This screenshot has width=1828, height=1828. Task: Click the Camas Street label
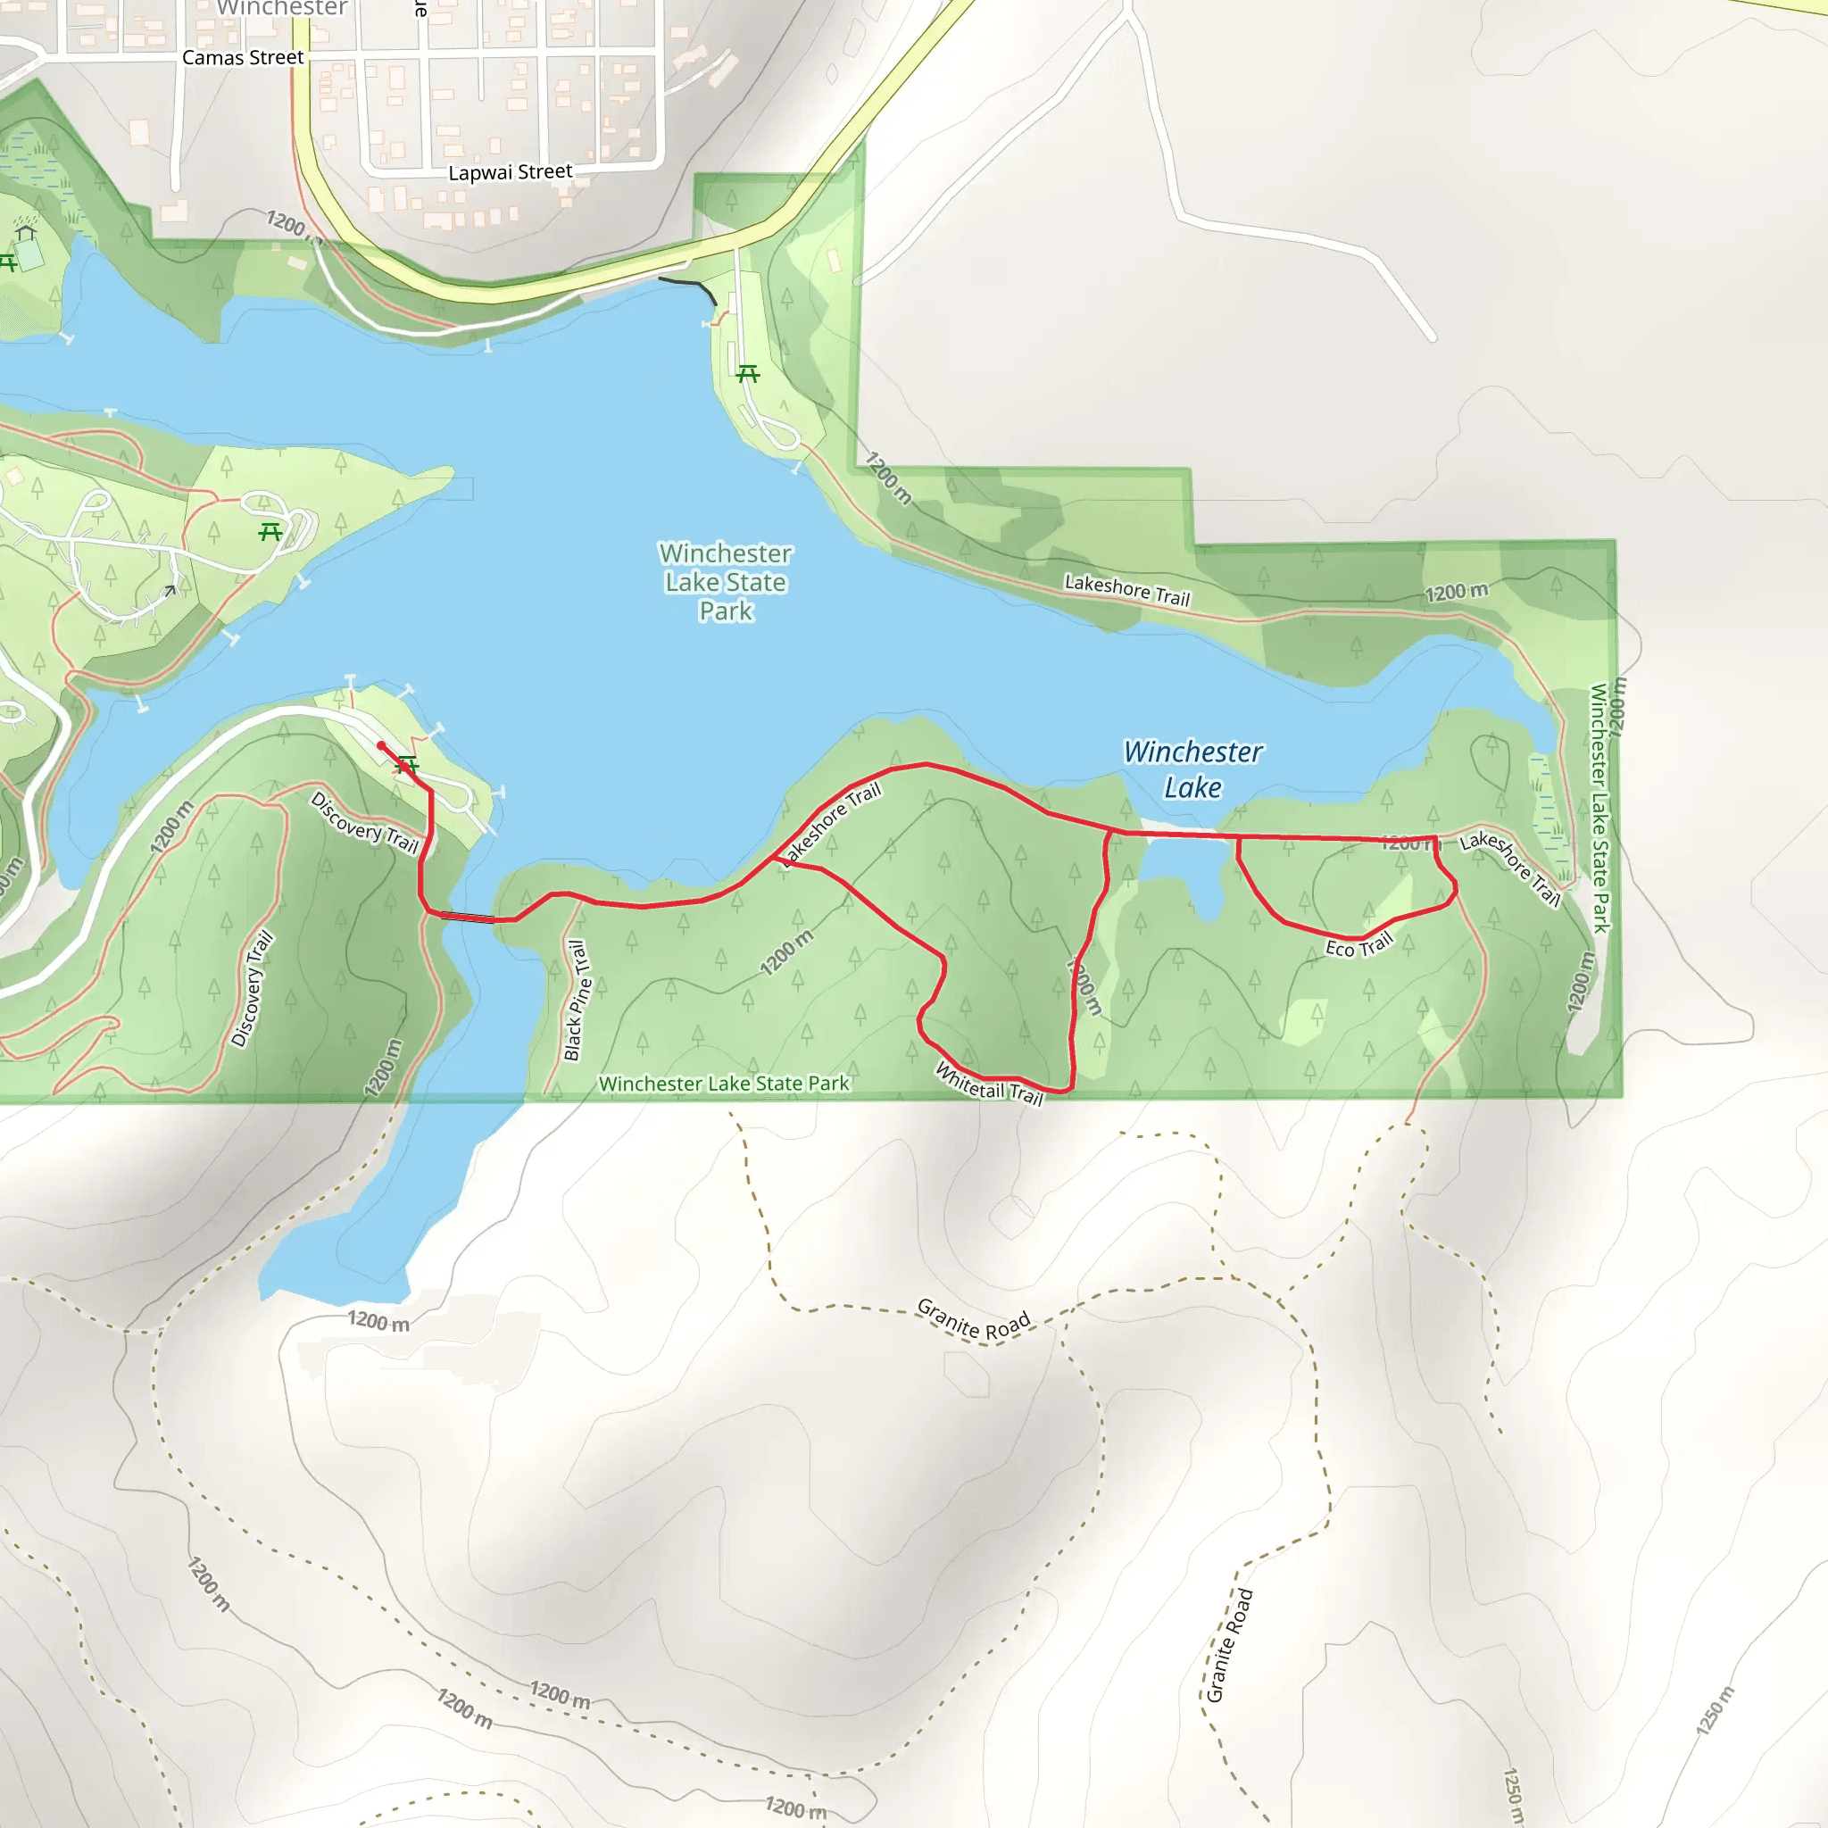tap(243, 58)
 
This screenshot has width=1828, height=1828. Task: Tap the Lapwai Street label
tap(510, 172)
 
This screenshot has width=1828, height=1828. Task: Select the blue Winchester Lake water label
tap(1192, 769)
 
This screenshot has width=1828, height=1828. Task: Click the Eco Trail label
tap(1359, 945)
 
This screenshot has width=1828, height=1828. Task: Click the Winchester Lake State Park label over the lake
tap(726, 582)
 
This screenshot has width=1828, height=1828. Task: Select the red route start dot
tap(381, 745)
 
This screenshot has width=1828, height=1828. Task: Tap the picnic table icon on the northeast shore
tap(747, 374)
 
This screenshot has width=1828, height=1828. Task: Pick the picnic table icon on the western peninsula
tap(270, 533)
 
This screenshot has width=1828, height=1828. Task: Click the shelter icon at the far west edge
tap(26, 232)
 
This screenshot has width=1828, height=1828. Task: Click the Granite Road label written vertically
tap(1229, 1645)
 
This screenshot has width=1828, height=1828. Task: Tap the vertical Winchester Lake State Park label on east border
tap(1599, 808)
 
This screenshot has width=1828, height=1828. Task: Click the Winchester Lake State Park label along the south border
tap(724, 1084)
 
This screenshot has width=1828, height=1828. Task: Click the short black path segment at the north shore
tap(688, 286)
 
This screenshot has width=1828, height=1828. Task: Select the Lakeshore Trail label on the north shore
tap(1127, 589)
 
